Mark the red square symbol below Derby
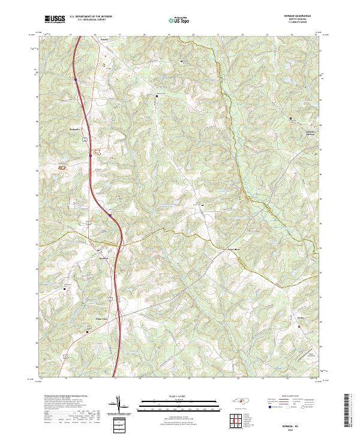pos(298,326)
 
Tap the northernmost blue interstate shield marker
pos(76,79)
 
